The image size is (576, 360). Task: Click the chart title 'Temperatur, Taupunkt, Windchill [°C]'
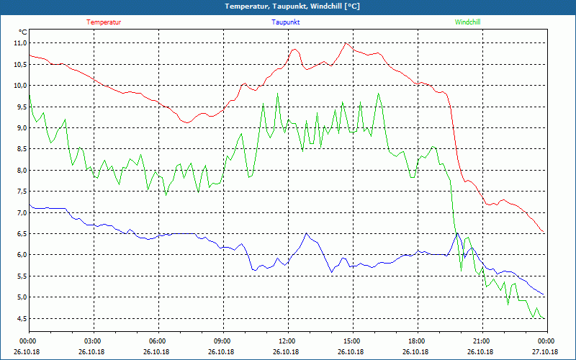(287, 6)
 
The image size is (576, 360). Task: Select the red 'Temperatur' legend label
(104, 22)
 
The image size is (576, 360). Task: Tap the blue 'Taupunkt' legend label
(286, 22)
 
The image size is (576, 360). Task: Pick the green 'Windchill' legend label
(467, 22)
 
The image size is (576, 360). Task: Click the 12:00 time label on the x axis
(287, 341)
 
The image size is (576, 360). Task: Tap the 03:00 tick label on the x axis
(93, 341)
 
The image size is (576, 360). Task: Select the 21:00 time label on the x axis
(481, 341)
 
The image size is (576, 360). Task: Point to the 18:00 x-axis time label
(416, 341)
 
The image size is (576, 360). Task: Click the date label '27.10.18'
(545, 352)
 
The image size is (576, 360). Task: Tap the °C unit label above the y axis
(23, 32)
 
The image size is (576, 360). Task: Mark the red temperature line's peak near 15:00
(346, 43)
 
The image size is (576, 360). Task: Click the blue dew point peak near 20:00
(456, 233)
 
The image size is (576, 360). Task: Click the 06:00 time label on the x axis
(158, 341)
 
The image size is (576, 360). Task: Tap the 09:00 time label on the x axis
(222, 341)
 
